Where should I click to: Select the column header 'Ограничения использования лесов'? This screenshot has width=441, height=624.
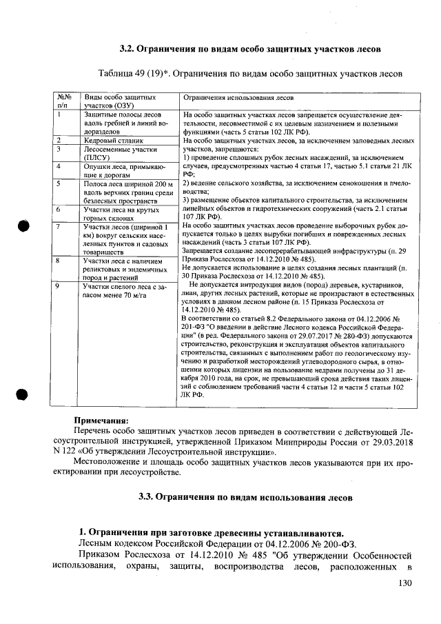coord(238,99)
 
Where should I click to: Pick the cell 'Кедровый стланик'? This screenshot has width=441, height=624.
coord(110,140)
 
